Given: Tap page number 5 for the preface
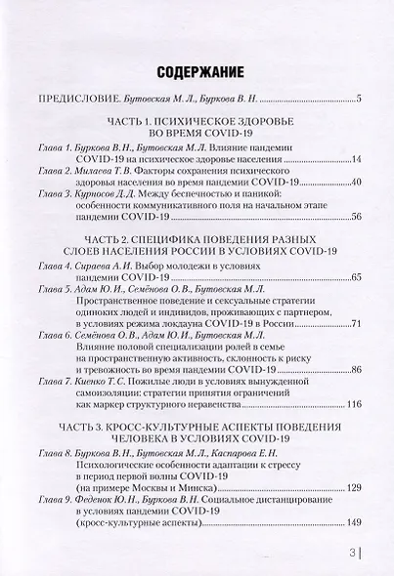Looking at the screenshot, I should tap(358, 100).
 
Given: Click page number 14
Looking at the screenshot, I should tap(355, 158).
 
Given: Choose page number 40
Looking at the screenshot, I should tap(355, 183).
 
